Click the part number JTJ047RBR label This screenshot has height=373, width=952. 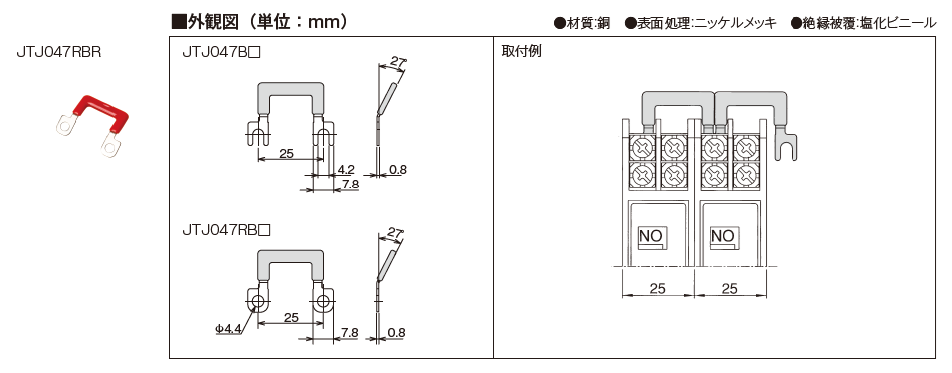coord(58,52)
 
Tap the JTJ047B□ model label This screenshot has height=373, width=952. coord(222,53)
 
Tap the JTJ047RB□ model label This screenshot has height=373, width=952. coord(226,230)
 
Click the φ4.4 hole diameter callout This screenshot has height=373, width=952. coord(229,329)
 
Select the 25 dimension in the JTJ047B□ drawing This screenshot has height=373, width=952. coord(288,153)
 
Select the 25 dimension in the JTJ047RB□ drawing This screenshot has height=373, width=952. coord(291,318)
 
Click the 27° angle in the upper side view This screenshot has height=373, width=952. coord(399,62)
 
